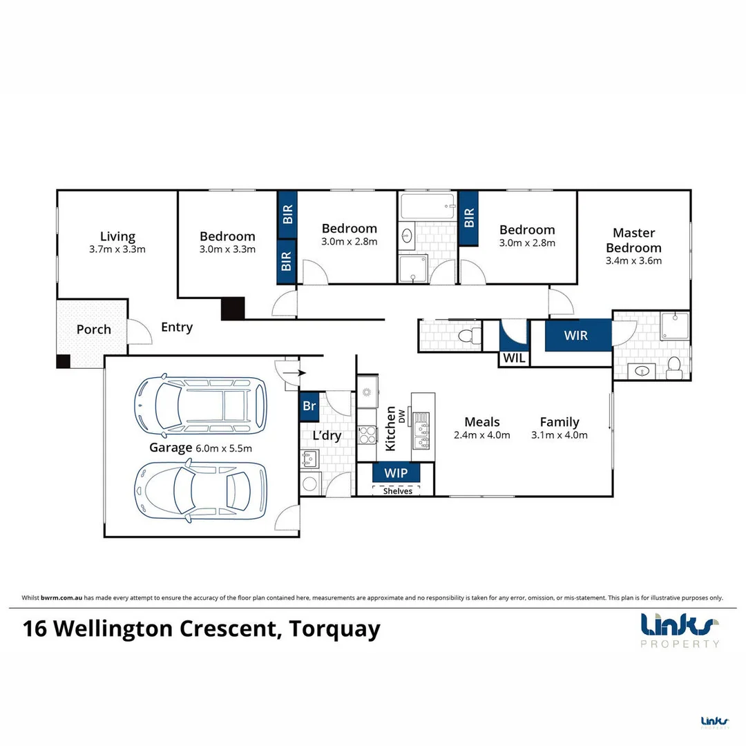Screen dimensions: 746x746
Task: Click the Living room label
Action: pos(117,236)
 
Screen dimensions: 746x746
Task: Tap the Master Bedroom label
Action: pos(633,240)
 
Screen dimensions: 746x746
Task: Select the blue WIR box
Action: pos(576,336)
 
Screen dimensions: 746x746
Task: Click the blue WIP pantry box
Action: pos(395,474)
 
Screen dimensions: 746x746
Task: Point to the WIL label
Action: pos(513,358)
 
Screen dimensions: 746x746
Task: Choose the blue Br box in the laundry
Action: pos(309,406)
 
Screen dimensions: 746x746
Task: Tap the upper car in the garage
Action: pos(200,405)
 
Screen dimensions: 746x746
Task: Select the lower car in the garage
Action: pos(200,490)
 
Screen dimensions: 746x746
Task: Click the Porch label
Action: pos(93,329)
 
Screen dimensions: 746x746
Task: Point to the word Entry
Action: pos(177,327)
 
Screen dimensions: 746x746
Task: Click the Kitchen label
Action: pos(391,428)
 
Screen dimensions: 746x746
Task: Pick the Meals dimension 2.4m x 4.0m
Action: pos(481,435)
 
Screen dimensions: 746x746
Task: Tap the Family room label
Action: pos(559,422)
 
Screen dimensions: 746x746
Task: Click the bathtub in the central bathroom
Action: pos(427,205)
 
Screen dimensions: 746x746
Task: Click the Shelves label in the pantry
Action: pos(397,491)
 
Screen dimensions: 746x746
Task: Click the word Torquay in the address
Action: pos(334,629)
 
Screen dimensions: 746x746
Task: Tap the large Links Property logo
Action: pos(680,629)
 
